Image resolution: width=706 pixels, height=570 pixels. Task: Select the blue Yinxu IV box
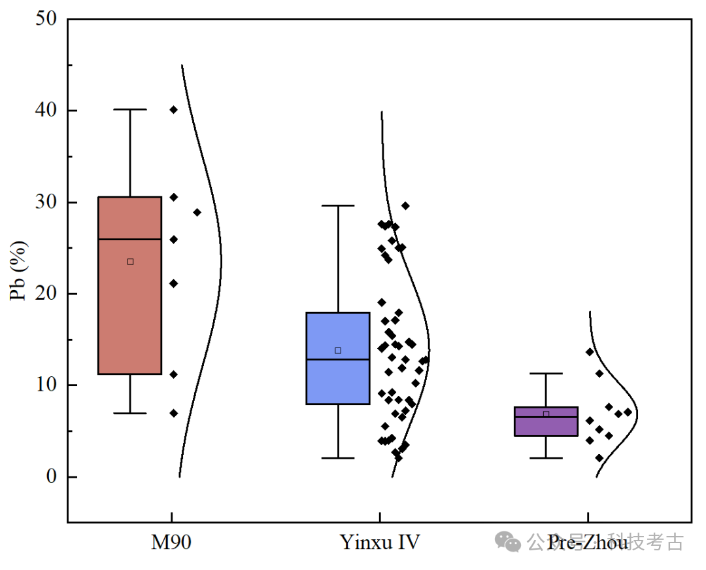(338, 380)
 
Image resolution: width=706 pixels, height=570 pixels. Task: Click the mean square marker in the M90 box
(130, 262)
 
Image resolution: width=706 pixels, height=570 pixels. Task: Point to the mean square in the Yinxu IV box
(338, 351)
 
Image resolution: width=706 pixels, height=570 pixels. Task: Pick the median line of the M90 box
(129, 240)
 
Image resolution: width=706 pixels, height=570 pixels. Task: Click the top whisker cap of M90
(130, 109)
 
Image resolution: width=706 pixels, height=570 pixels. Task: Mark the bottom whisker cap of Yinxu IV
(338, 458)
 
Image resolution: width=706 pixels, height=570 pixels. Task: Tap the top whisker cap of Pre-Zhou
(546, 374)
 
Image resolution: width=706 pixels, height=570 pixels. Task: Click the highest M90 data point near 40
(173, 110)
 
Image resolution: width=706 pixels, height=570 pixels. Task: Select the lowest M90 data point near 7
(173, 413)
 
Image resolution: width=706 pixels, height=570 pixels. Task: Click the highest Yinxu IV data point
(405, 205)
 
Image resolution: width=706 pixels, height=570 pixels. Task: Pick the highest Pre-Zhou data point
(590, 351)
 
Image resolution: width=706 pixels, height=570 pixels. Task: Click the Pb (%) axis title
(20, 271)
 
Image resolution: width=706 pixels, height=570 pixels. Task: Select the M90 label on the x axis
(171, 543)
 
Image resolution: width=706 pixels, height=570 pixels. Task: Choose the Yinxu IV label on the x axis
(380, 543)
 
